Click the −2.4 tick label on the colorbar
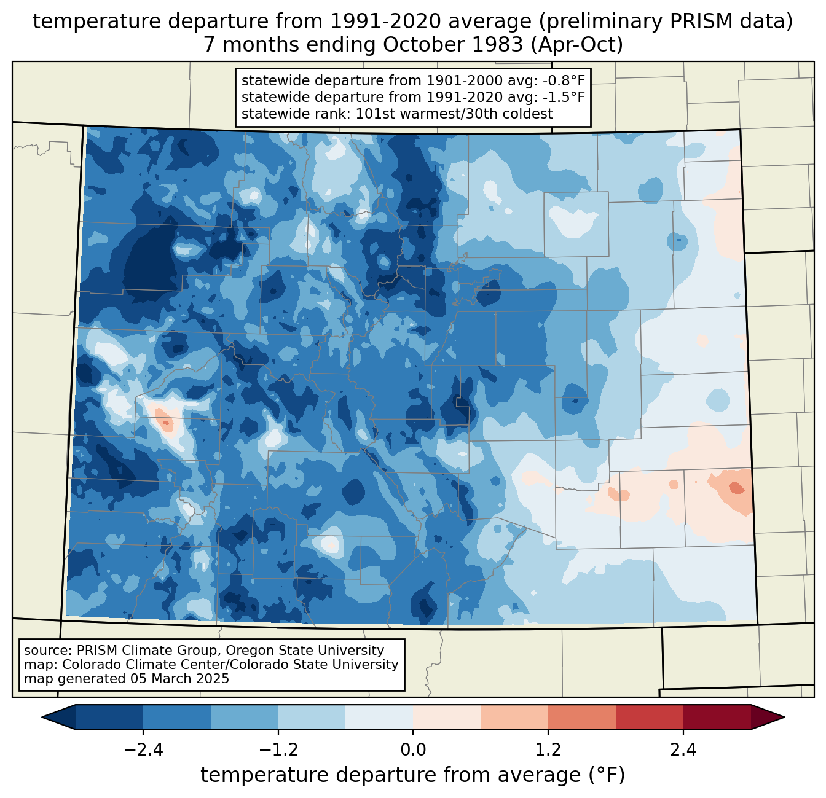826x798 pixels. click(143, 750)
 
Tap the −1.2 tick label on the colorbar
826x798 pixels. click(278, 750)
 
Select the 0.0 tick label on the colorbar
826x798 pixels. click(413, 750)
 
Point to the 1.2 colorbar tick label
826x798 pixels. click(548, 750)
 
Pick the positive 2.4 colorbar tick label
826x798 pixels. click(683, 750)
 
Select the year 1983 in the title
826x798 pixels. click(455, 45)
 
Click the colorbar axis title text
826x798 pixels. click(412, 775)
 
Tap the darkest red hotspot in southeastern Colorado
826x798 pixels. click(735, 488)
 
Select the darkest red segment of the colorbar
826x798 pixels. click(717, 717)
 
